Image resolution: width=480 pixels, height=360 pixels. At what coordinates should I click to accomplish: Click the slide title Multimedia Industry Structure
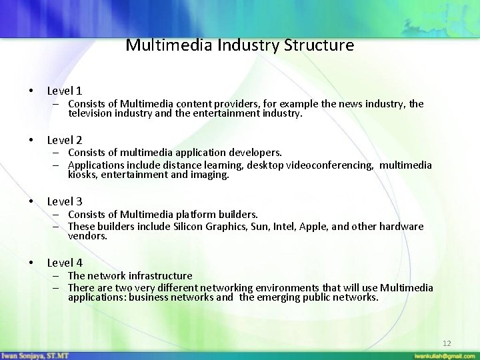tap(239, 45)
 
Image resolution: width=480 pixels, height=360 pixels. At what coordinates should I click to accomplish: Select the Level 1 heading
tap(65, 90)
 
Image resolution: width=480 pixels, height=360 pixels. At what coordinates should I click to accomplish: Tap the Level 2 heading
tap(65, 140)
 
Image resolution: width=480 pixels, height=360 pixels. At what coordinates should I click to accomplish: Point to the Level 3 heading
tap(65, 201)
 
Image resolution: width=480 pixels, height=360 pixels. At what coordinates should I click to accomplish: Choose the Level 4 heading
tap(65, 263)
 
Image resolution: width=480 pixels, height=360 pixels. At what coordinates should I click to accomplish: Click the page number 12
tap(447, 343)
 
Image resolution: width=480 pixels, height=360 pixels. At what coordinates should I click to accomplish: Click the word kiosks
tap(81, 175)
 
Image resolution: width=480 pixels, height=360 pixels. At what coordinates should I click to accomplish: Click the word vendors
tap(87, 236)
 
